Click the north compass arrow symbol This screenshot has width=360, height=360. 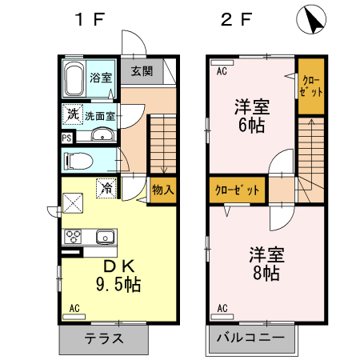pos(311,19)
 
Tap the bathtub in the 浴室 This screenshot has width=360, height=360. pos(74,78)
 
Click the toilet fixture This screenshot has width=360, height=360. pos(78,161)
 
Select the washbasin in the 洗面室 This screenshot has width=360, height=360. pos(102,134)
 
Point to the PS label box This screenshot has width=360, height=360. pos(67,138)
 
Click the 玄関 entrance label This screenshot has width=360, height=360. pos(142,71)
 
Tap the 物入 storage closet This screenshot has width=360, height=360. pos(163,190)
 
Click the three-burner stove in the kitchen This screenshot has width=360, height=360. pos(73,236)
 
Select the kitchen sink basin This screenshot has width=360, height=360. pos(106,237)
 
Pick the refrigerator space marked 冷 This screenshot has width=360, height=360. pos(106,188)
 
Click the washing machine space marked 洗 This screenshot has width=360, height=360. pos(73,114)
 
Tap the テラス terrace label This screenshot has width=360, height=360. pos(104,338)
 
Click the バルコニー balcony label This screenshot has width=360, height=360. pos(250,338)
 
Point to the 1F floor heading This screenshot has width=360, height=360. pos(90,19)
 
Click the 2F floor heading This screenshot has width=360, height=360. pos(236,19)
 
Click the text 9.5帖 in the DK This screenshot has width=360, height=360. pos(118,284)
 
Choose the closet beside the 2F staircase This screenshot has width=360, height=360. pos(311,86)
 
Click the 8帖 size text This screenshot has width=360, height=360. pos(266,273)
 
